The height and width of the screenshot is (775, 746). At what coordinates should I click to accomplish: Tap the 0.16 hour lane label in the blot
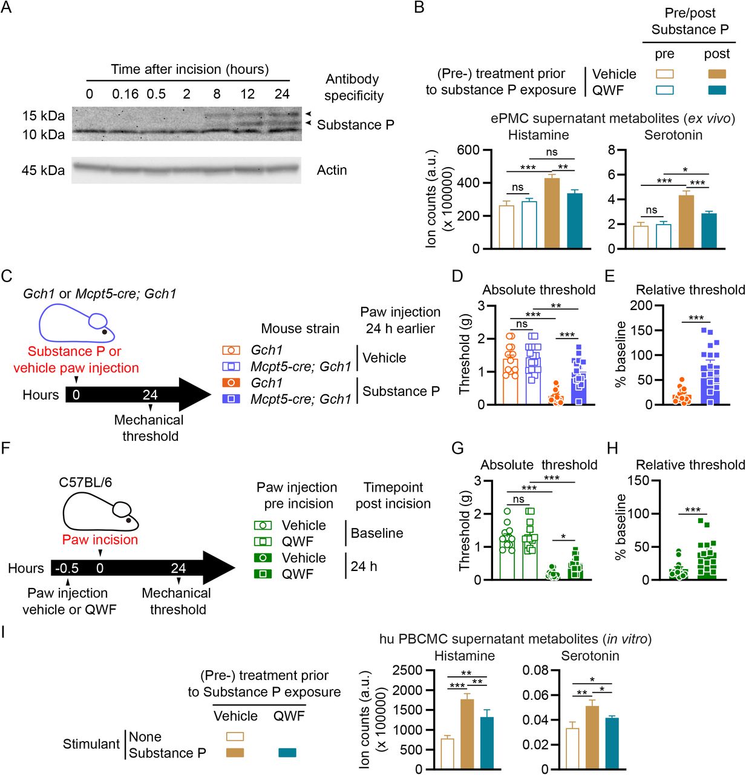[x=125, y=94]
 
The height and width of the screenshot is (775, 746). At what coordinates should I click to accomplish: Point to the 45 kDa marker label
[x=43, y=170]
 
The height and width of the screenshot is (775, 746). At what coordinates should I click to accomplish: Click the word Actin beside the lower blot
[x=332, y=170]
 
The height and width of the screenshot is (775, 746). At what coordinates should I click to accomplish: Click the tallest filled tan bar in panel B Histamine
[x=552, y=213]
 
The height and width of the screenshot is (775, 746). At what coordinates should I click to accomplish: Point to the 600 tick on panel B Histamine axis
[x=468, y=150]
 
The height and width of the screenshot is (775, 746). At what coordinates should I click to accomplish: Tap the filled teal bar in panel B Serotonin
[x=708, y=231]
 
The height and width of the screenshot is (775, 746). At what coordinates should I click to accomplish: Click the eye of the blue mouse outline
[x=105, y=331]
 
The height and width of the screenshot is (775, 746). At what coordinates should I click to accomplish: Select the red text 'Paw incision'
[x=100, y=539]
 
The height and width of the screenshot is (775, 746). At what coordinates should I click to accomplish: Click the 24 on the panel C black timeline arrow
[x=149, y=395]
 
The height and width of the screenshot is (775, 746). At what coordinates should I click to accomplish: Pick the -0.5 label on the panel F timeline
[x=67, y=568]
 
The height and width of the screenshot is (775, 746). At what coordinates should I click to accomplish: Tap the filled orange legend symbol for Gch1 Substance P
[x=231, y=383]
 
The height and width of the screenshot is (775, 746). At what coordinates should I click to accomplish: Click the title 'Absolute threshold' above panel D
[x=538, y=289]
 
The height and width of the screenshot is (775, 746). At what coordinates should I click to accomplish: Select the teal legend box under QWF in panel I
[x=287, y=753]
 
